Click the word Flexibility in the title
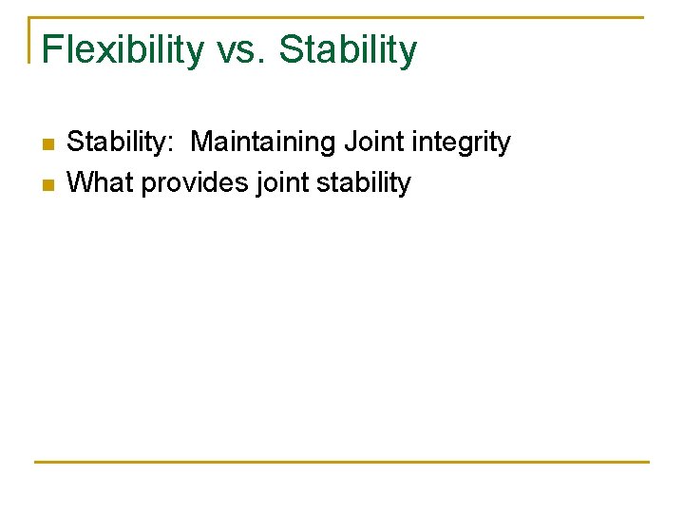(x=122, y=49)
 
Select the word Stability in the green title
(x=348, y=49)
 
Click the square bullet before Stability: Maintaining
(x=47, y=144)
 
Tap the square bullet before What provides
(x=47, y=183)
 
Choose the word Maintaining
(x=263, y=142)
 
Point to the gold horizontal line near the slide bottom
(x=342, y=462)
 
